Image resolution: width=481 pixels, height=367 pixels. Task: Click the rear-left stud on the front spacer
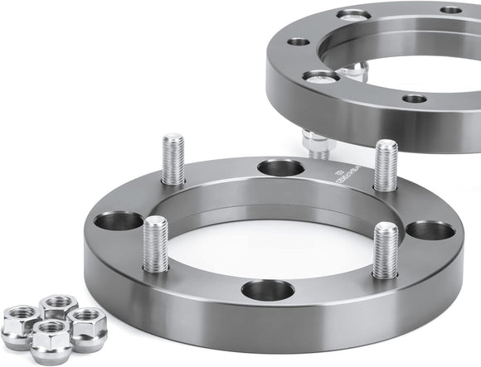point(172,159)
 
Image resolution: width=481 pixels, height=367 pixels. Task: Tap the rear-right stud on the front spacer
point(385,165)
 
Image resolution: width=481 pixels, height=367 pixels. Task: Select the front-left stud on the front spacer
point(155,244)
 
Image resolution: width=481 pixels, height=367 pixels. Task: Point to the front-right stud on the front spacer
point(385,249)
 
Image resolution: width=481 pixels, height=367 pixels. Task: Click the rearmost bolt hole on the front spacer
point(280,168)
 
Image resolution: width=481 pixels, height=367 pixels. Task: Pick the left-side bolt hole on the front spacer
point(119,221)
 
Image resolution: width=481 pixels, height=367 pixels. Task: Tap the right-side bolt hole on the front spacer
point(430,230)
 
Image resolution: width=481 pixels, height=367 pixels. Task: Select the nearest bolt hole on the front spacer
point(267,290)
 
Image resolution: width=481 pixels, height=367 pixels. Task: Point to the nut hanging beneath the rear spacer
point(318,142)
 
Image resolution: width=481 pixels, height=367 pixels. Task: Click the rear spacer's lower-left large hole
point(321,77)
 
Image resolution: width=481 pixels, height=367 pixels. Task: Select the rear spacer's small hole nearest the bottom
point(415,99)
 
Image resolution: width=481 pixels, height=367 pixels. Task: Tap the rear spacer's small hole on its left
point(299,41)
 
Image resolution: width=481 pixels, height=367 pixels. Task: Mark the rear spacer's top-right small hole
point(451,10)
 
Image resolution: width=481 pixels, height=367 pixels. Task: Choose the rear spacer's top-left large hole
point(354,14)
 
